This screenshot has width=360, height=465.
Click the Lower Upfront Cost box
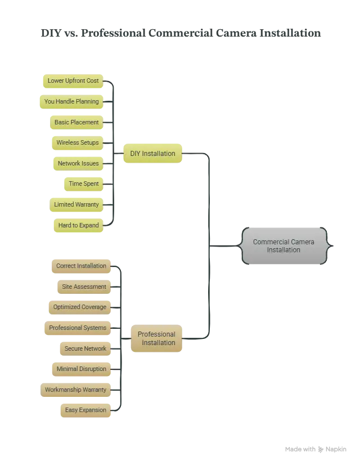(73, 81)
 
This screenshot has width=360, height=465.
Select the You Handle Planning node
(71, 102)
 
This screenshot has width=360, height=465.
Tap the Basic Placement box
(76, 123)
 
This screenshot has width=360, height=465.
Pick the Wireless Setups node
(78, 143)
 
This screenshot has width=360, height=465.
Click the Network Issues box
(78, 164)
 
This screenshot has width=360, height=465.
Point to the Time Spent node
(84, 184)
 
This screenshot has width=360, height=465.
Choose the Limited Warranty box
(76, 205)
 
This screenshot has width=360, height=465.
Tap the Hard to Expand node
(79, 225)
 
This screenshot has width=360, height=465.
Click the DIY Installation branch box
(152, 153)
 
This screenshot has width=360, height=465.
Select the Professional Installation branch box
(156, 338)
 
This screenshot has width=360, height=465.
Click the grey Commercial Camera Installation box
(284, 246)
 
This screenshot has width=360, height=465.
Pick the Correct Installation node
(81, 266)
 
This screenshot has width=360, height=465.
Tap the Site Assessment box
(84, 287)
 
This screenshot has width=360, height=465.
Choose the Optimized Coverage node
(80, 307)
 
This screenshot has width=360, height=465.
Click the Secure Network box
(85, 349)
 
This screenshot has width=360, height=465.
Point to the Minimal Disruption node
(82, 369)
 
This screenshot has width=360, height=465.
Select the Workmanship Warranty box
(75, 390)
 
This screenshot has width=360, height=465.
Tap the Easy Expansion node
(85, 410)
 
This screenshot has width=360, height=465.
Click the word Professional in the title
(113, 33)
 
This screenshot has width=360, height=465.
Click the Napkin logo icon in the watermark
(321, 449)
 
